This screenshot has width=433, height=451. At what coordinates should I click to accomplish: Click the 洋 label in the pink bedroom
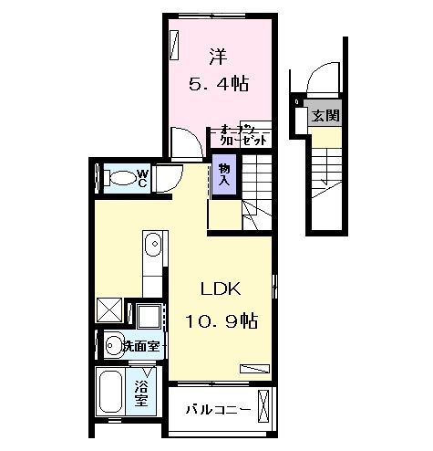[218, 56]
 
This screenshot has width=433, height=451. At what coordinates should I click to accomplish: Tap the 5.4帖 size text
[219, 84]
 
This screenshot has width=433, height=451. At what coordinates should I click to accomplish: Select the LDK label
[220, 291]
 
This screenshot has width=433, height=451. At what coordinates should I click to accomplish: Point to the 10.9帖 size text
[221, 321]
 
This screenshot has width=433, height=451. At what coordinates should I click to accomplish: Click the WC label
[141, 177]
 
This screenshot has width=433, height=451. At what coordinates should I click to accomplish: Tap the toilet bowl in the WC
[116, 178]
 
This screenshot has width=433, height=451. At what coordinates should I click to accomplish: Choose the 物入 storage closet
[224, 173]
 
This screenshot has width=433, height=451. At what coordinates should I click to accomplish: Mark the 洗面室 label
[143, 346]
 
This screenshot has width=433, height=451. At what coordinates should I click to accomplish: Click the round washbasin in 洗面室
[112, 345]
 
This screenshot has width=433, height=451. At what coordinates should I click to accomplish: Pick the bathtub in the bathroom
[112, 393]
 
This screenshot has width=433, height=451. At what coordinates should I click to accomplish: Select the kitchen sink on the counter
[153, 246]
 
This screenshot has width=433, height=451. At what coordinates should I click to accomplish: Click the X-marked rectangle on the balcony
[265, 405]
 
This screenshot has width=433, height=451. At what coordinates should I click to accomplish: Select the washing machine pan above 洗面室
[146, 316]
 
